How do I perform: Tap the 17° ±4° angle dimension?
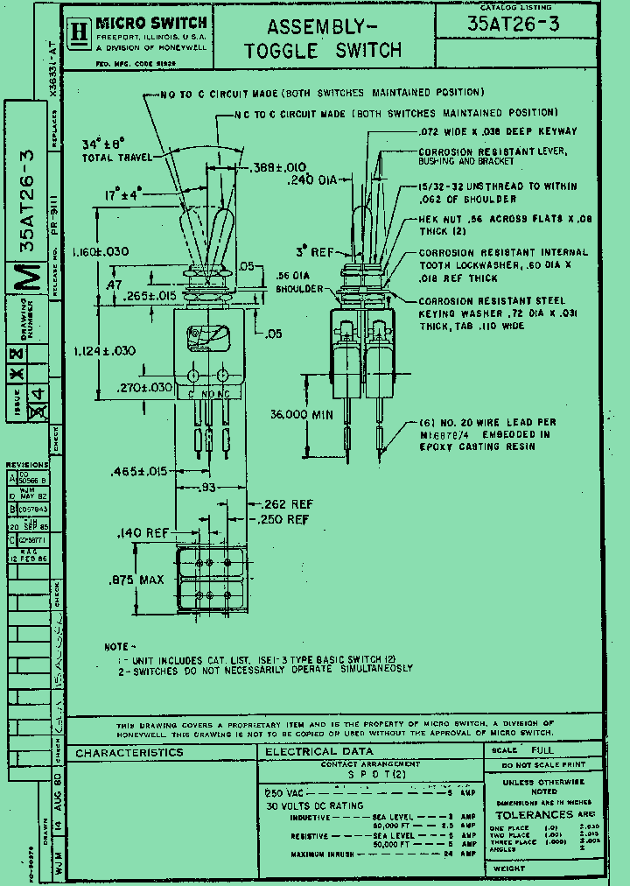[x=122, y=196]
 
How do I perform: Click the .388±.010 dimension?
[x=277, y=167]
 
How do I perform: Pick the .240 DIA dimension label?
[x=313, y=180]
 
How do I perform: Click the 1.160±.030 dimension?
[x=101, y=251]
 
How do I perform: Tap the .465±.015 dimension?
[x=139, y=472]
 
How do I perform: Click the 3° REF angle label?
[x=315, y=252]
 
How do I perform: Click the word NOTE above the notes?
[x=116, y=646]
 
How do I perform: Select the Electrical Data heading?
[x=318, y=751]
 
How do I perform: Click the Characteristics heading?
[x=129, y=752]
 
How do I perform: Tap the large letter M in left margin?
[x=30, y=278]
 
